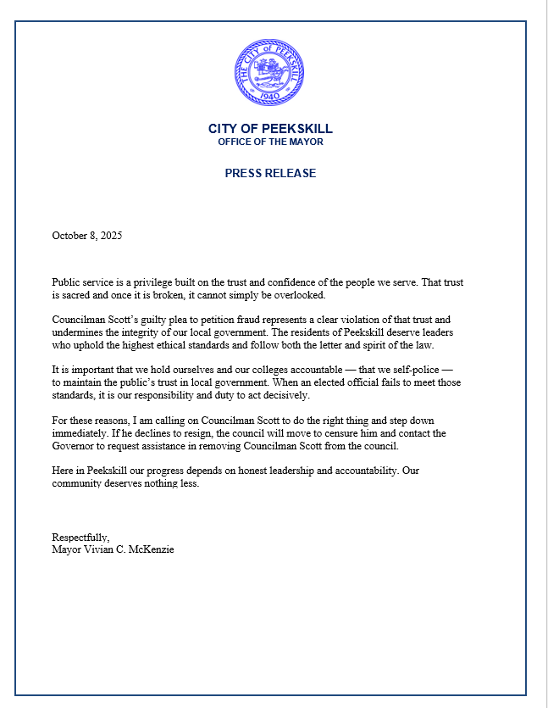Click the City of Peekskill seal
pos(270,70)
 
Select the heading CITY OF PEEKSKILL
pos(270,129)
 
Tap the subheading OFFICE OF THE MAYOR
pos(270,142)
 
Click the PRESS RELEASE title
pos(270,173)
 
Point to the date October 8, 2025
pos(87,236)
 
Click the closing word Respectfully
pos(80,538)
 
